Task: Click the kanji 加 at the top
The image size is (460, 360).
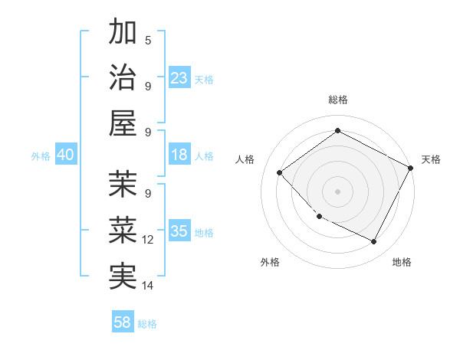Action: (123, 33)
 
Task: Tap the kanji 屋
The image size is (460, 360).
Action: (123, 123)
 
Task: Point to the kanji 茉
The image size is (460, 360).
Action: (123, 184)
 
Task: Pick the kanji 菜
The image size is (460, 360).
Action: (123, 230)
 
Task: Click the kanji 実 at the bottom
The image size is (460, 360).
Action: (123, 275)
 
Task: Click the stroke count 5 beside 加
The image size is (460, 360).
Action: (148, 40)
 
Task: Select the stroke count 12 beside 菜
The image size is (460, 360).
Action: (148, 240)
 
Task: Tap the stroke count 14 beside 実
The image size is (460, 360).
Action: (148, 286)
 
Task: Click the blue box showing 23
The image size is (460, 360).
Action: (179, 78)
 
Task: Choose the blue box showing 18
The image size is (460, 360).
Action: (179, 155)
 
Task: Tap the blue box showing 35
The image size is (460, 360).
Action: (179, 231)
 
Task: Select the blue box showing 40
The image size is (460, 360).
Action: (65, 155)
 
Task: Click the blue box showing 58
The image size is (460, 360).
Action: (123, 322)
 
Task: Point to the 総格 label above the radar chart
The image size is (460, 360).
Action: (338, 100)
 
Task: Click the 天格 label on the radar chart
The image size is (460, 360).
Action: (431, 159)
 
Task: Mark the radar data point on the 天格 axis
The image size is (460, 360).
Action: (412, 168)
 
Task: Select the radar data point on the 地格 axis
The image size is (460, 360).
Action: (374, 242)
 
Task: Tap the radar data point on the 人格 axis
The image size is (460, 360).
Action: (280, 173)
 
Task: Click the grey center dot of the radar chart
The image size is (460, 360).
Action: (338, 191)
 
